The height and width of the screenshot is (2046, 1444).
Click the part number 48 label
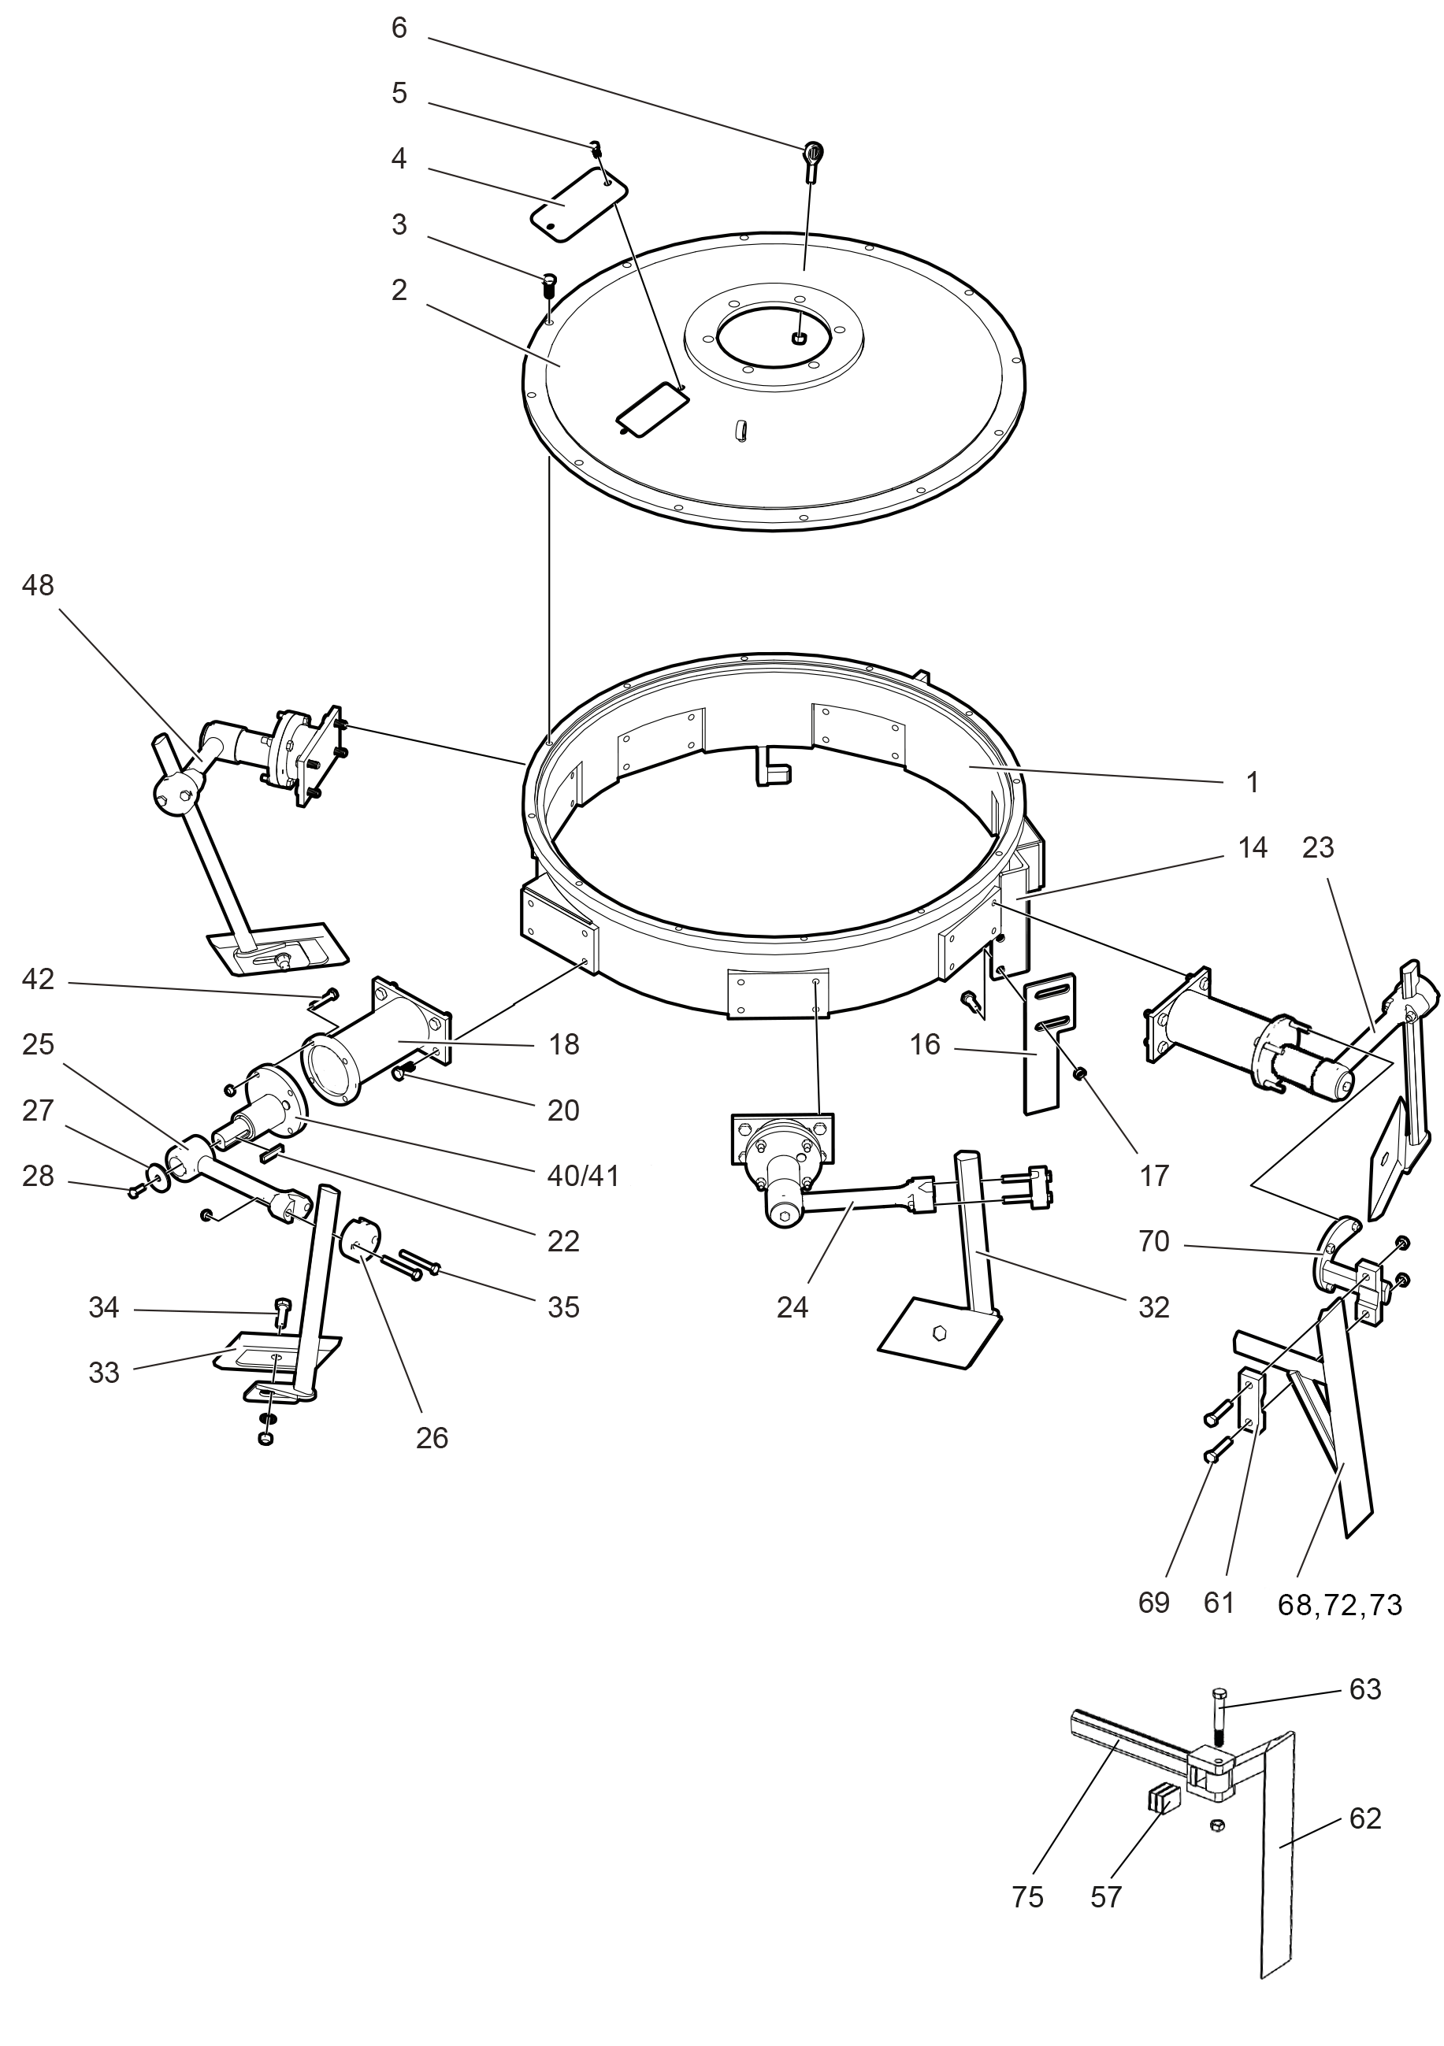click(x=39, y=585)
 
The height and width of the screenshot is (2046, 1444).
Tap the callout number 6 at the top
click(x=399, y=28)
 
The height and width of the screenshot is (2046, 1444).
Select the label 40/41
click(x=583, y=1177)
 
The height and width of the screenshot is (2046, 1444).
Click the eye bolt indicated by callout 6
click(x=813, y=155)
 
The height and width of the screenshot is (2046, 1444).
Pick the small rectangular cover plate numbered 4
click(x=578, y=204)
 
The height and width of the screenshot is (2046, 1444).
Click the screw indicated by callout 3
click(x=549, y=285)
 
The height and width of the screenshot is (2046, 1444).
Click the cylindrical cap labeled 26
click(x=360, y=1240)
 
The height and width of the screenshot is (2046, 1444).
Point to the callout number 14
click(x=1253, y=848)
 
